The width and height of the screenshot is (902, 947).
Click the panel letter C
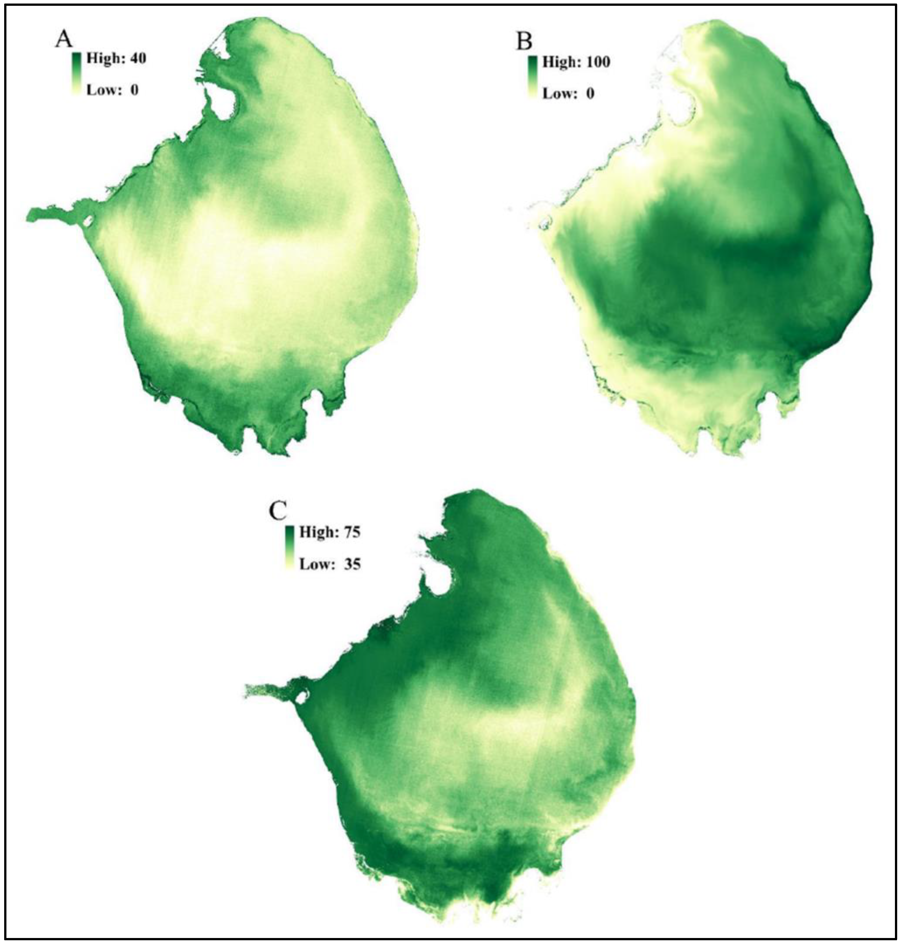(278, 511)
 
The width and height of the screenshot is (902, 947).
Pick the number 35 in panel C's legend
(351, 564)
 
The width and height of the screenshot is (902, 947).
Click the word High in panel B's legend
(559, 62)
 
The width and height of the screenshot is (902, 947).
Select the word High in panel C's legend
(316, 532)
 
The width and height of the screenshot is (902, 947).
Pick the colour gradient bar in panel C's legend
(289, 548)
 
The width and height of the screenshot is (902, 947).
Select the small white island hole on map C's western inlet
(301, 696)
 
